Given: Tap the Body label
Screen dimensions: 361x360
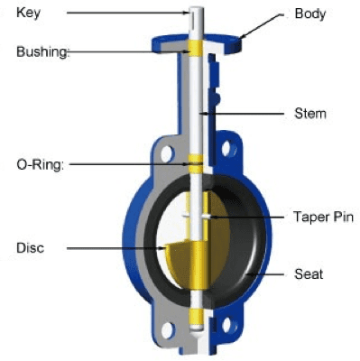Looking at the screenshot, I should point(309,14).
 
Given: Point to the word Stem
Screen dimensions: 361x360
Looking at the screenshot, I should point(309,114).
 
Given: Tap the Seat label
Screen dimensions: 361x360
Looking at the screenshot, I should point(309,273).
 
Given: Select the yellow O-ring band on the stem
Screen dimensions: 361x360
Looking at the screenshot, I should point(194,164).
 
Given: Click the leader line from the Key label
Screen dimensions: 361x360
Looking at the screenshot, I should point(126,14).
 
